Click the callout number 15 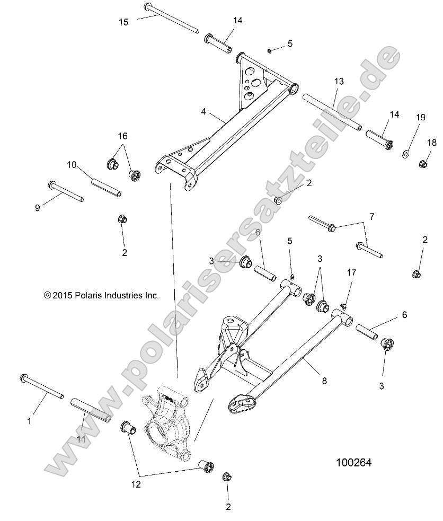click(123, 22)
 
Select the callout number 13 click(339, 81)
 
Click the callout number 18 click(432, 142)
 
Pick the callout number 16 click(122, 136)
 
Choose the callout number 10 click(72, 164)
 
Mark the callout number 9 click(37, 208)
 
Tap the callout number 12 click(136, 484)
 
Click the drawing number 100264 click(353, 463)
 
